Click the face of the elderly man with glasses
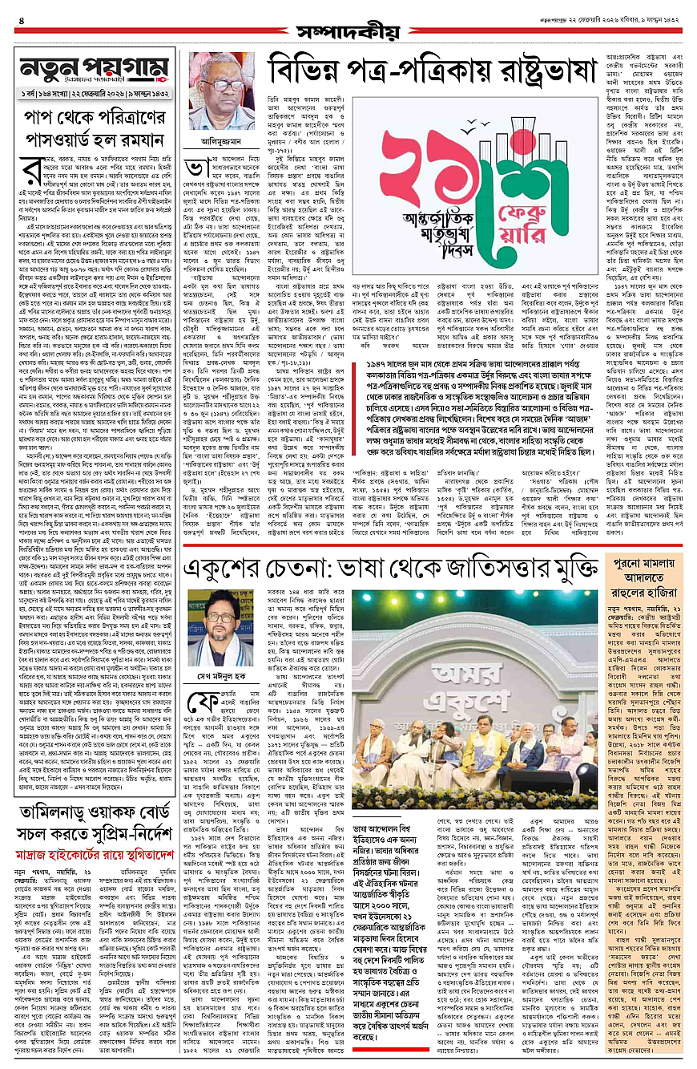coord(216,82)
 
